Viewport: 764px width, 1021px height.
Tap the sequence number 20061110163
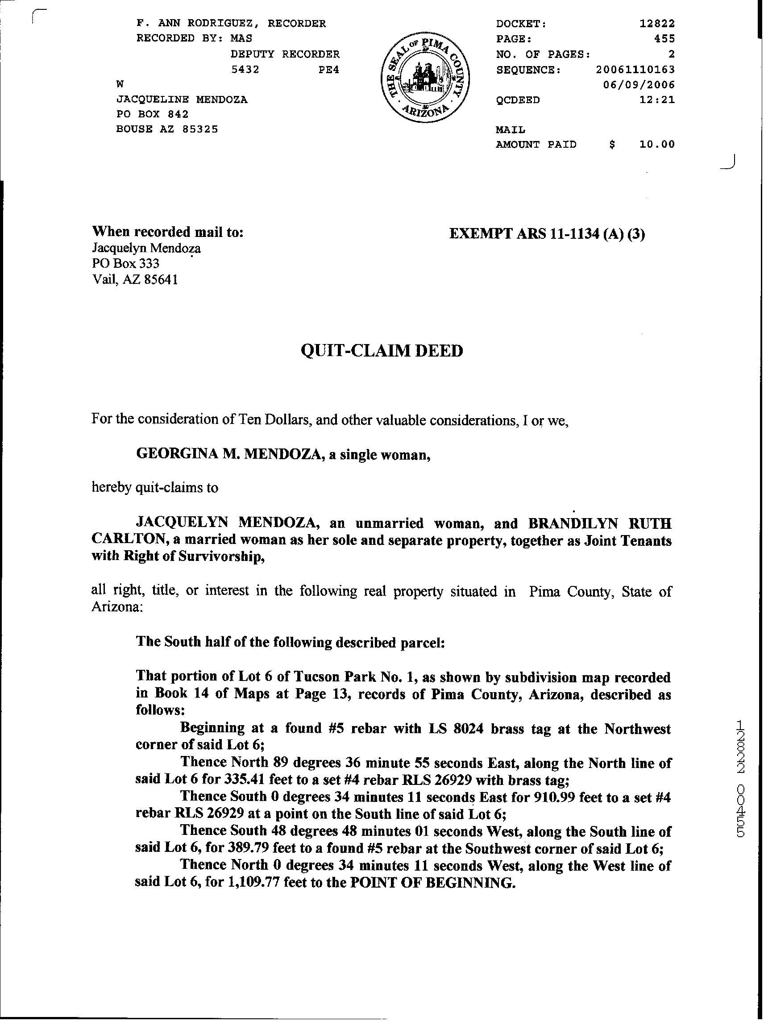tap(635, 70)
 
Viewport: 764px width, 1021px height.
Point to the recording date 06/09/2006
tap(639, 85)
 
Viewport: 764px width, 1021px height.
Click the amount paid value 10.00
tap(657, 145)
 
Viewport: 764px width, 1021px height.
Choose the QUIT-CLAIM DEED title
tap(381, 351)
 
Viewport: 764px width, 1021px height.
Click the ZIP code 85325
tap(200, 129)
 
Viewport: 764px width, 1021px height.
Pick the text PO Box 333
tap(125, 264)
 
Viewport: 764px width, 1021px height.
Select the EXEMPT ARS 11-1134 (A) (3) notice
tap(547, 234)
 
